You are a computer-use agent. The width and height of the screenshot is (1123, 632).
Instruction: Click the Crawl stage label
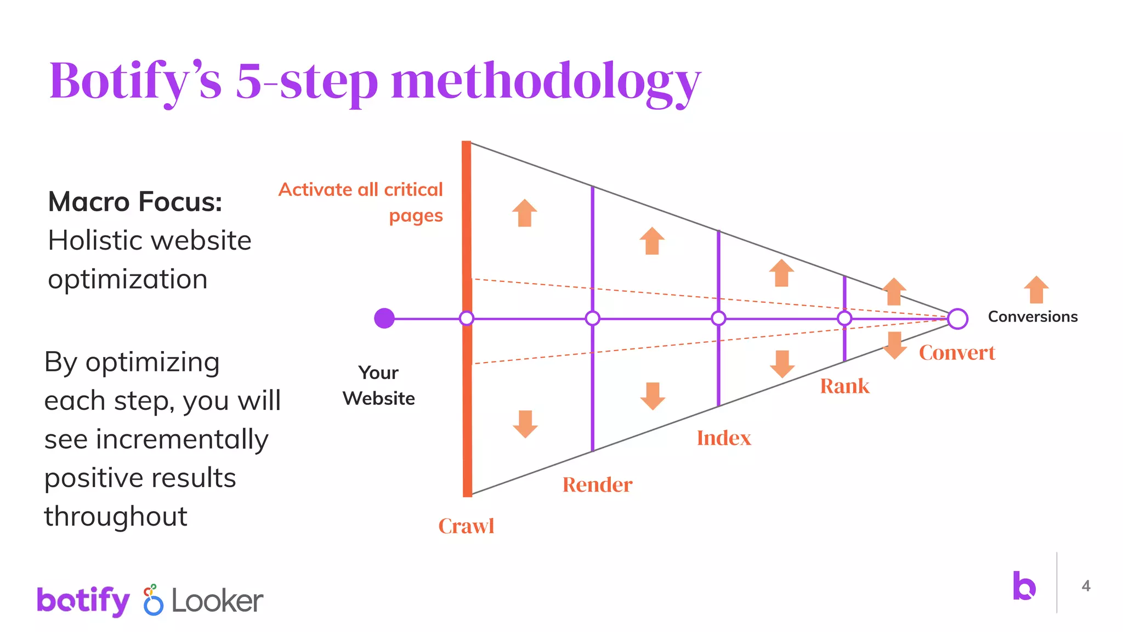tap(466, 526)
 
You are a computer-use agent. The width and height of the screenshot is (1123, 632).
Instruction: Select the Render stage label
tap(597, 485)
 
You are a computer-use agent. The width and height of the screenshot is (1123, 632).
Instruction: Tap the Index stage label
tap(724, 438)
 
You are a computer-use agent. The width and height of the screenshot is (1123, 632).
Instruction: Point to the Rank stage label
tap(844, 386)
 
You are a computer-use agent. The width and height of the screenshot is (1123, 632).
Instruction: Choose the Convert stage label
tap(957, 353)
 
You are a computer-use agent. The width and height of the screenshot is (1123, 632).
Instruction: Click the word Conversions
tap(1033, 317)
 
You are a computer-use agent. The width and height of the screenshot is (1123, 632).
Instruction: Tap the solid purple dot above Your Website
tap(384, 318)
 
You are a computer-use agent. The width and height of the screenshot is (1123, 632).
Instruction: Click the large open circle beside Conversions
tap(957, 319)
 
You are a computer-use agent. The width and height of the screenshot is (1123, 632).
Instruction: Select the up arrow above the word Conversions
tap(1036, 290)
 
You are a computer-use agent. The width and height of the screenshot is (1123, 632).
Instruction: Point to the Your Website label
tap(378, 385)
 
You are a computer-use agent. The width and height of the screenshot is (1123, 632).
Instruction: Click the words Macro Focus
tap(135, 202)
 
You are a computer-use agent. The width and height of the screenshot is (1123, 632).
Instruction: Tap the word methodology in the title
tap(546, 81)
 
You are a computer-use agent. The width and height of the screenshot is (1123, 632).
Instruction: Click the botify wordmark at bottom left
tap(83, 601)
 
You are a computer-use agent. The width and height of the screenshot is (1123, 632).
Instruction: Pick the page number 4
tap(1086, 586)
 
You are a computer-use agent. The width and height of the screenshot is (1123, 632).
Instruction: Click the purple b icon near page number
tap(1024, 586)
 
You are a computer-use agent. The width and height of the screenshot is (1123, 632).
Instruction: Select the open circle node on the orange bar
tap(467, 318)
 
